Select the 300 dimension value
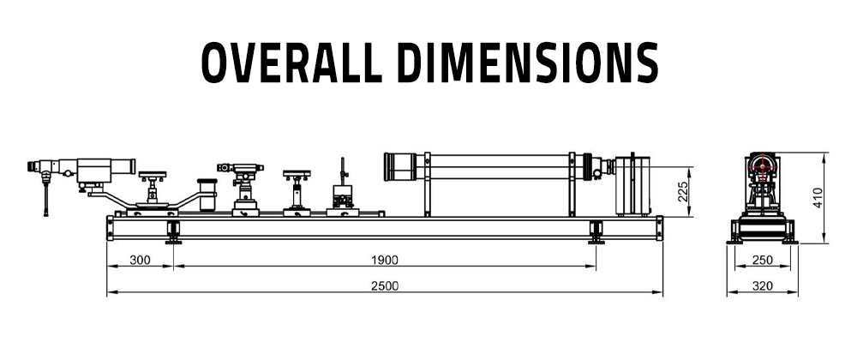[140, 260]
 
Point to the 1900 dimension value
[386, 260]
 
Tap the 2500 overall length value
[386, 286]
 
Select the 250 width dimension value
[763, 260]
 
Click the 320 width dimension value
[763, 286]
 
